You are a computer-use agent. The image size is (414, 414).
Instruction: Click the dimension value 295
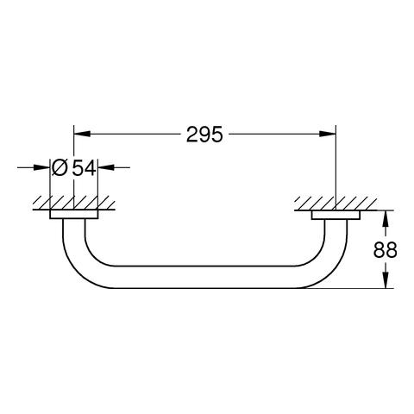coord(204,135)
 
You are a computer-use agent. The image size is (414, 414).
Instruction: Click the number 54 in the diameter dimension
coord(84,167)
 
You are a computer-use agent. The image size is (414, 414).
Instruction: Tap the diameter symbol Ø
coord(60,167)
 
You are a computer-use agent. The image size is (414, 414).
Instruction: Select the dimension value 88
coord(386,249)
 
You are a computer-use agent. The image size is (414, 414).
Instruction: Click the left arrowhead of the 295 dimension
coord(83,134)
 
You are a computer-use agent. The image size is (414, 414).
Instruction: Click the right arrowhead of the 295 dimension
coord(328,134)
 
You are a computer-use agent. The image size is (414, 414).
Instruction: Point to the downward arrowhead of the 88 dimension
coord(386,279)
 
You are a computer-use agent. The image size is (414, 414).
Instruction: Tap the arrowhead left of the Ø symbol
coord(42,167)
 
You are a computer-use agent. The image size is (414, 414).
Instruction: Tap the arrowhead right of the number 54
coord(106,167)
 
